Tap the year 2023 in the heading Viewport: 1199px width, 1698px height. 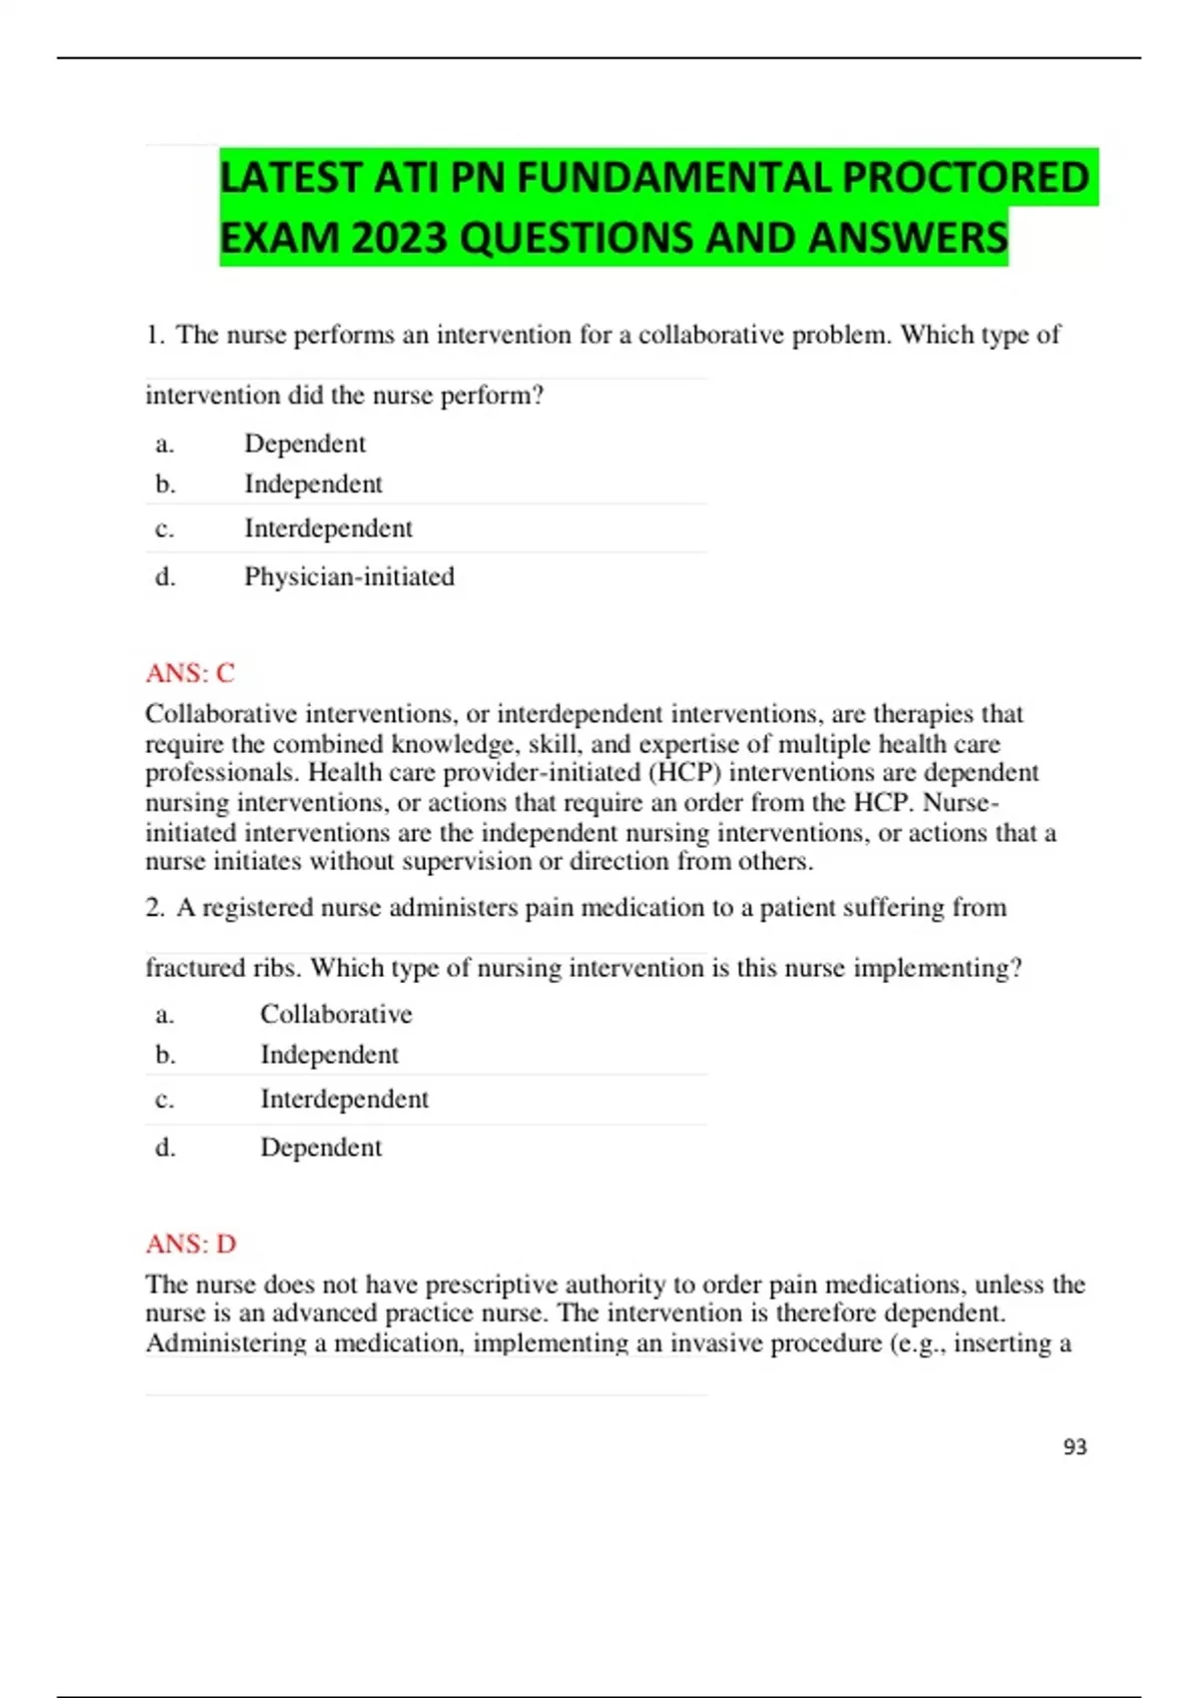(400, 238)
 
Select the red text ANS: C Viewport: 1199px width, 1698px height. (190, 673)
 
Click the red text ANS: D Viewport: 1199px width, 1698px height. (191, 1244)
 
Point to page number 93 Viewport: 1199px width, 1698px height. (1075, 1446)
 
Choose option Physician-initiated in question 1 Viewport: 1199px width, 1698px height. (349, 576)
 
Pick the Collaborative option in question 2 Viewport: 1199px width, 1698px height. (336, 1014)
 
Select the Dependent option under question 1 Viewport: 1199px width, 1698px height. (305, 443)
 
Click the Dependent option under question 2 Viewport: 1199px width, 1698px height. (321, 1147)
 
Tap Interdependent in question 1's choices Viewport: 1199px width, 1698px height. (328, 528)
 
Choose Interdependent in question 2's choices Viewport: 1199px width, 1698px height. (344, 1099)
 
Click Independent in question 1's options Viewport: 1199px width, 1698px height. (313, 484)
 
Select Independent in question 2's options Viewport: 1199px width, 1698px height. (329, 1055)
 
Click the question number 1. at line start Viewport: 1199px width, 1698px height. (155, 336)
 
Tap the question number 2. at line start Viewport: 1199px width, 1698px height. (155, 908)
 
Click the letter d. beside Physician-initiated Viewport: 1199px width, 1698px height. (165, 577)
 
